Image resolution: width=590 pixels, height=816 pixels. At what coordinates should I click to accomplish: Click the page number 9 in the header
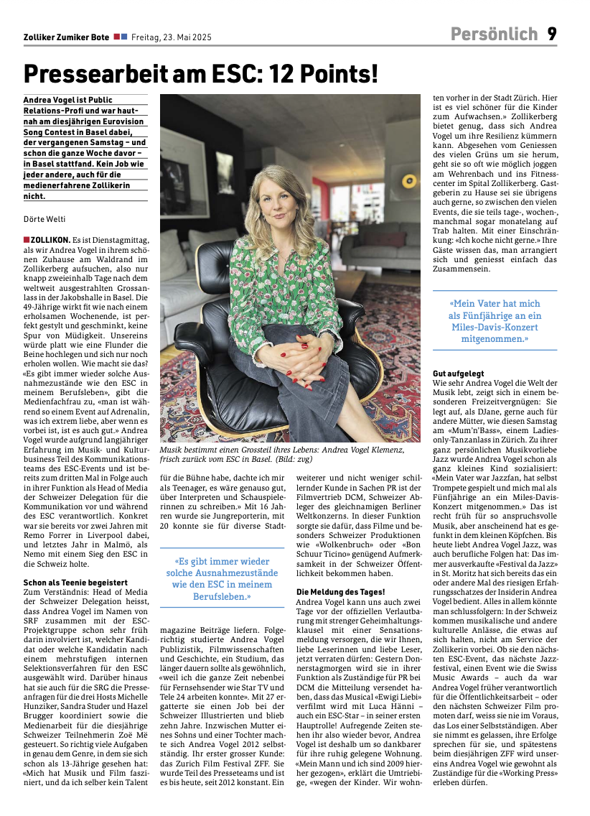click(552, 34)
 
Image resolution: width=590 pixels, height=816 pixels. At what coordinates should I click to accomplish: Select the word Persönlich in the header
click(494, 34)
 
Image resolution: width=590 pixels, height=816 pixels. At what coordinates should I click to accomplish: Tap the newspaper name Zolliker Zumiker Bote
click(66, 37)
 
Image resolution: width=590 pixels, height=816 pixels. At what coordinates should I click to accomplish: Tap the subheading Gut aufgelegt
click(459, 374)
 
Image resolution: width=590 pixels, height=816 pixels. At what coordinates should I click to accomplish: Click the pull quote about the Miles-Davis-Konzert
click(495, 320)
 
